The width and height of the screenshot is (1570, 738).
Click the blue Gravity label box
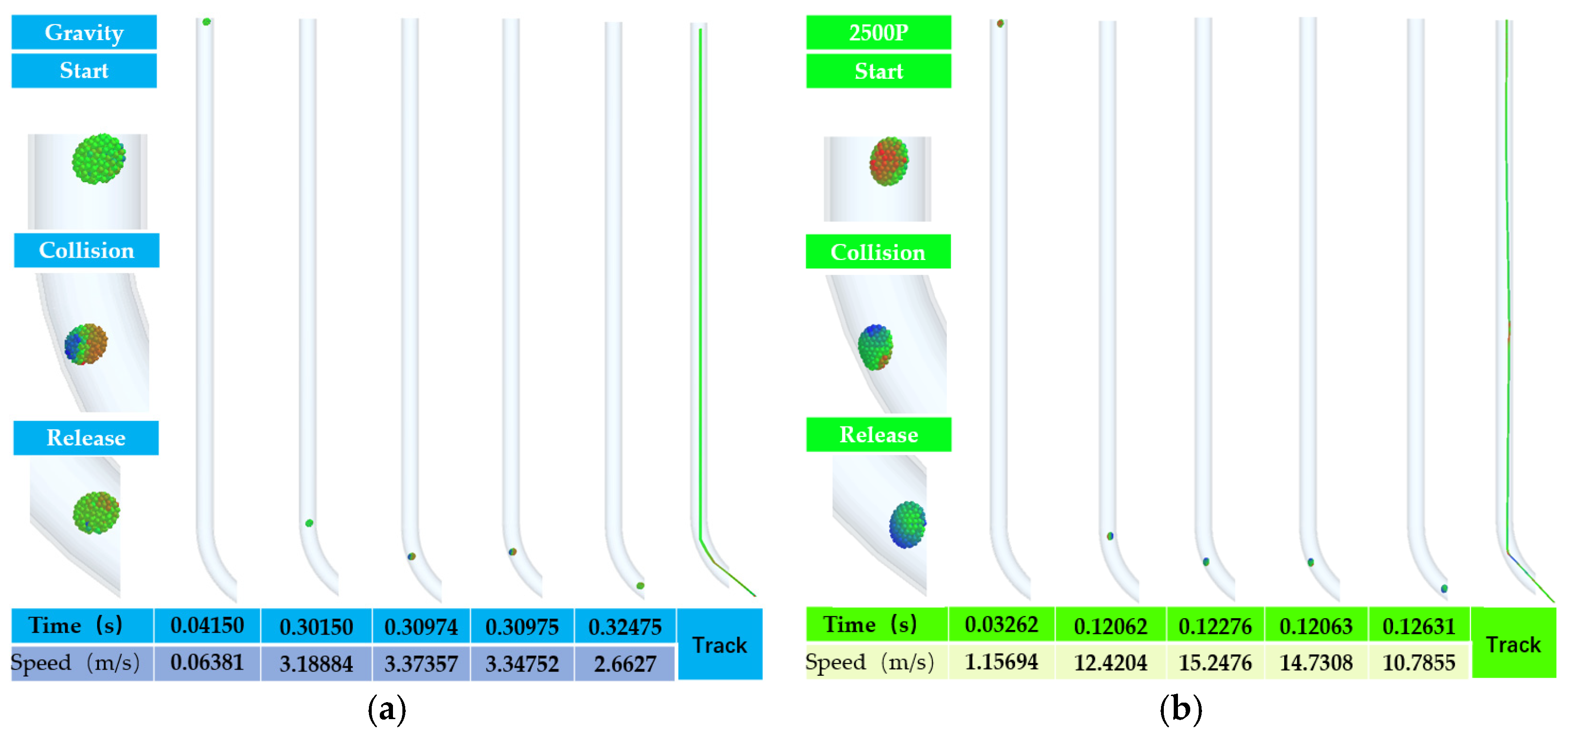tap(84, 32)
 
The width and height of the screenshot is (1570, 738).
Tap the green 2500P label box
tap(878, 32)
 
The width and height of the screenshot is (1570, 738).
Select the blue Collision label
tap(86, 251)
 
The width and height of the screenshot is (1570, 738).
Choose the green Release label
tap(878, 435)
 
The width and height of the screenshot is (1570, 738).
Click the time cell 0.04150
tap(207, 625)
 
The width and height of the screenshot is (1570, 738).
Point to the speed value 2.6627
tap(625, 663)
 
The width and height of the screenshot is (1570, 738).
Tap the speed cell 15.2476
tap(1215, 663)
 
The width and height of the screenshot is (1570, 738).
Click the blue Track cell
tap(720, 644)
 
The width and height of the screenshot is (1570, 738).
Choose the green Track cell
tap(1513, 644)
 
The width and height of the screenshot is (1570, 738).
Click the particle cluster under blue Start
tap(99, 159)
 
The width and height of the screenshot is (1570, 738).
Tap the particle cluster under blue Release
tap(96, 513)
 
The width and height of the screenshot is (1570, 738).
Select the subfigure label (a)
tap(387, 709)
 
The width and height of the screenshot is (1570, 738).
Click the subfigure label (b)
tap(1180, 709)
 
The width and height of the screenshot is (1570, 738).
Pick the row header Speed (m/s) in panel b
tap(870, 662)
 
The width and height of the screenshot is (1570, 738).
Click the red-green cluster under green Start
tap(889, 161)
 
